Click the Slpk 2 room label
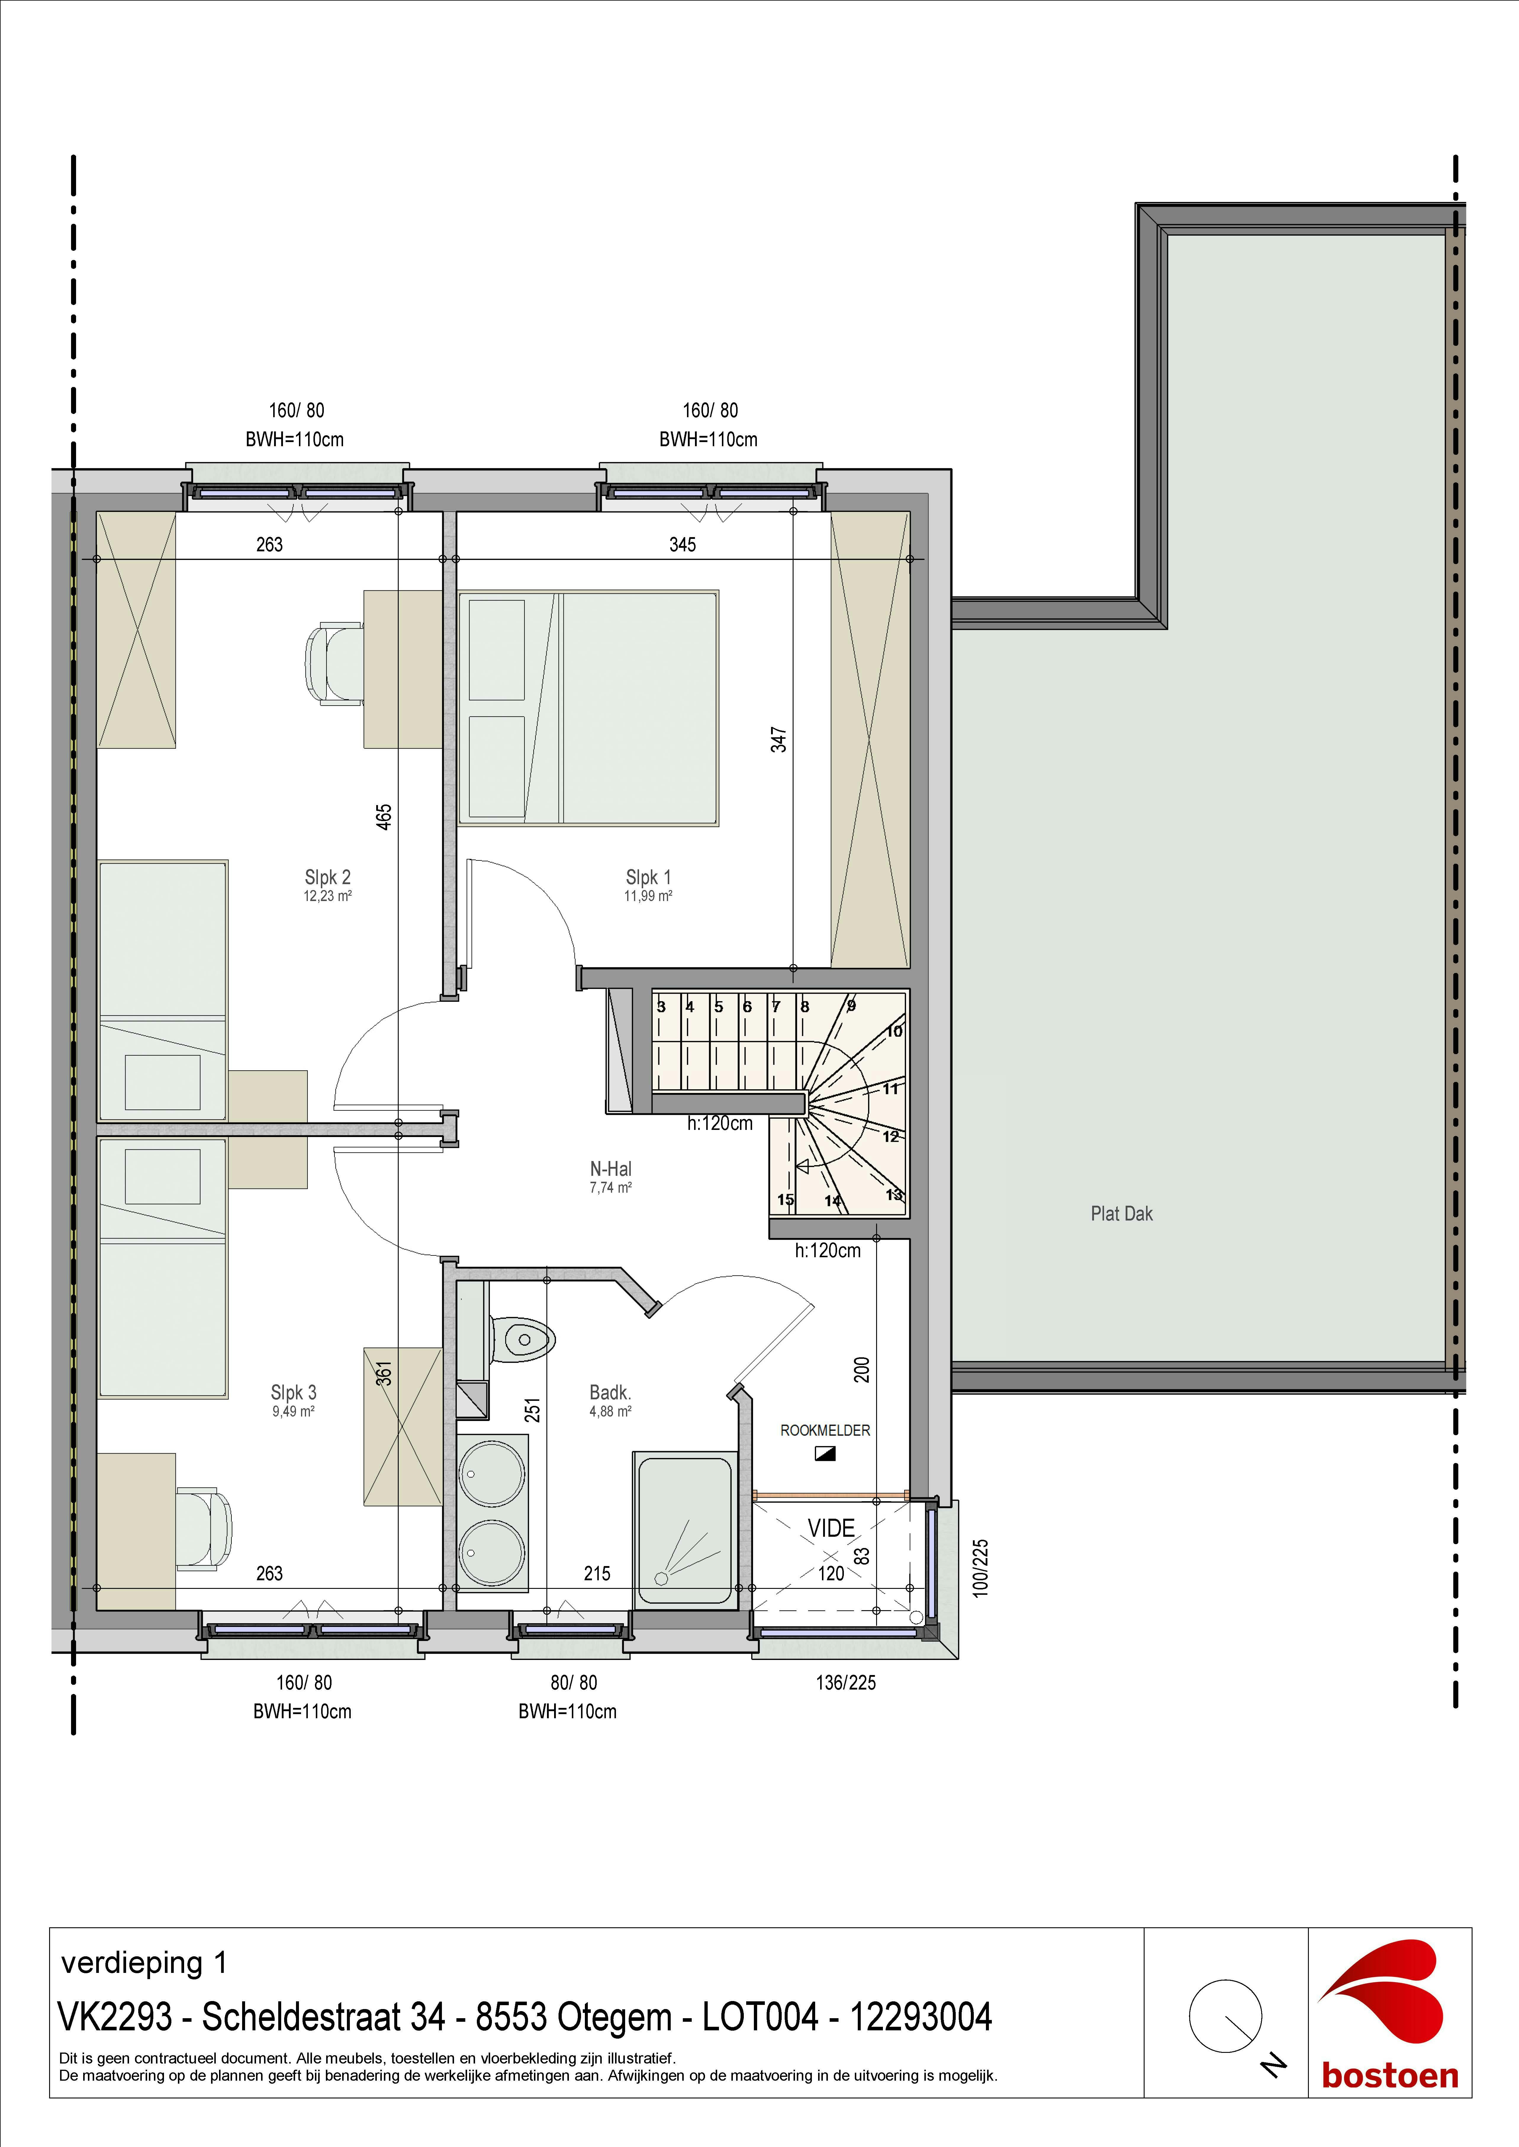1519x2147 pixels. [327, 878]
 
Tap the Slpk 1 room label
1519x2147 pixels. [648, 878]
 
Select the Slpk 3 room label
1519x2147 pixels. [294, 1393]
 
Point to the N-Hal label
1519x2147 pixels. [611, 1168]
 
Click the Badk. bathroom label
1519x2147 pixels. [610, 1393]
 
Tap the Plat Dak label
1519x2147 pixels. [1121, 1213]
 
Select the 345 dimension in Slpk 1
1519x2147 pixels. [682, 545]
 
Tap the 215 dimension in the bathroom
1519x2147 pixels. [597, 1573]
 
